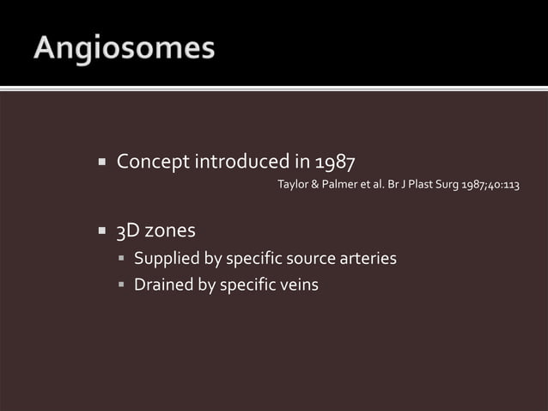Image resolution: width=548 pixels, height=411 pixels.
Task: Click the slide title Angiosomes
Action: (x=125, y=48)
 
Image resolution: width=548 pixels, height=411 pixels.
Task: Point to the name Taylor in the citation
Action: (x=294, y=185)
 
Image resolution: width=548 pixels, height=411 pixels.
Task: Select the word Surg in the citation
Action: (x=451, y=185)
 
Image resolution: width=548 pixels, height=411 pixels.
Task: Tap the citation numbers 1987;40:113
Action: (x=493, y=185)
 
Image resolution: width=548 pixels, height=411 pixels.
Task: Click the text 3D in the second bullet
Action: (x=128, y=231)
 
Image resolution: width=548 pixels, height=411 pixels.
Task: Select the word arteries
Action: (x=369, y=259)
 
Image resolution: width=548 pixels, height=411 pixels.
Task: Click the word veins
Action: (x=298, y=285)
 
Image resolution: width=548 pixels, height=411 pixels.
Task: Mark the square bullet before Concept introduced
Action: (x=100, y=162)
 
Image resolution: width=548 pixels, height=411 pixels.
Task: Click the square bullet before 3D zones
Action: (x=100, y=231)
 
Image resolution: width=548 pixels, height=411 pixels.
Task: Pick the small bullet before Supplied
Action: (x=122, y=259)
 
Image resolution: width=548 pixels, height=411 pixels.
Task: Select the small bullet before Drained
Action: (x=122, y=285)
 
